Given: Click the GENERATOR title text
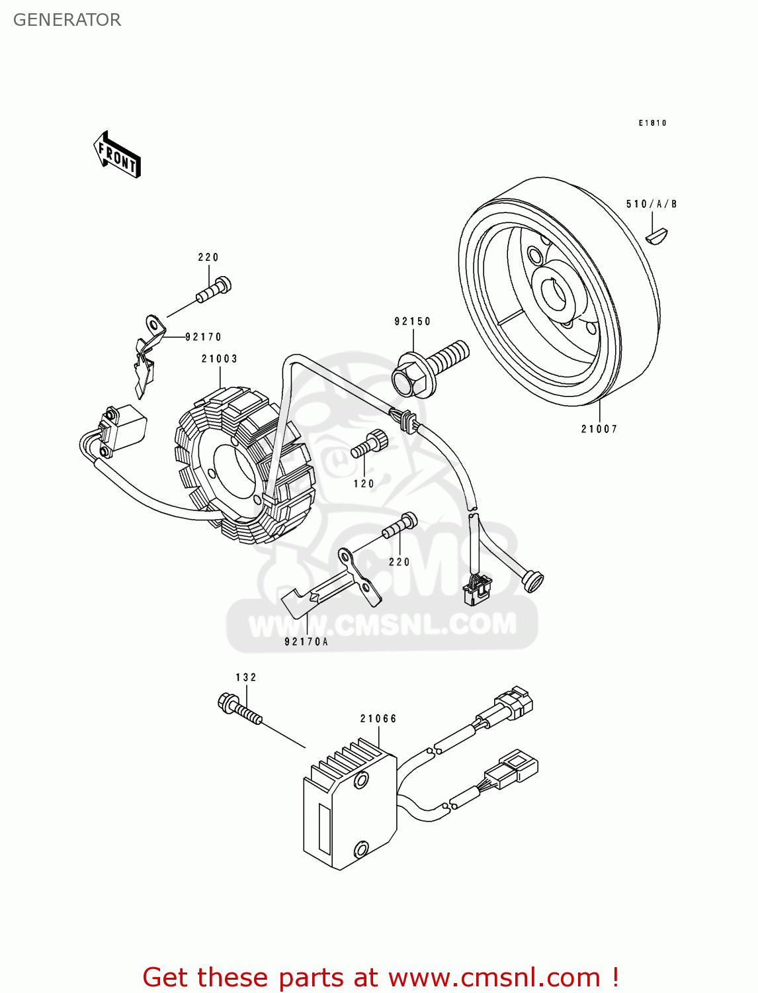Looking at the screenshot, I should click(67, 20).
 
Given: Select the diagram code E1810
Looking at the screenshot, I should click(652, 123).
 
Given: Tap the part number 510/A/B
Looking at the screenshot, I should click(652, 204).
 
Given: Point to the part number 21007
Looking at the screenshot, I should click(599, 429).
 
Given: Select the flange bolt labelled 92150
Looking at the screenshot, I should click(429, 368).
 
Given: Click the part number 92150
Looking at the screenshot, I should click(412, 322).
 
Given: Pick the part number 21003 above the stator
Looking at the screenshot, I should click(220, 359).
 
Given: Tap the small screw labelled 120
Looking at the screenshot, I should click(368, 444).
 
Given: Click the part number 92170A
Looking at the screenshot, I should click(306, 641).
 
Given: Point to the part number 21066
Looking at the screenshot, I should click(378, 719).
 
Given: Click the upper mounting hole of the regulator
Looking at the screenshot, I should click(360, 781).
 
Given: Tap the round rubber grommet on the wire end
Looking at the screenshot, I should click(532, 581).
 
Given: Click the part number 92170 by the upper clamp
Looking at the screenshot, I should click(203, 337).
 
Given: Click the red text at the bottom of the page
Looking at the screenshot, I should click(380, 977).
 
